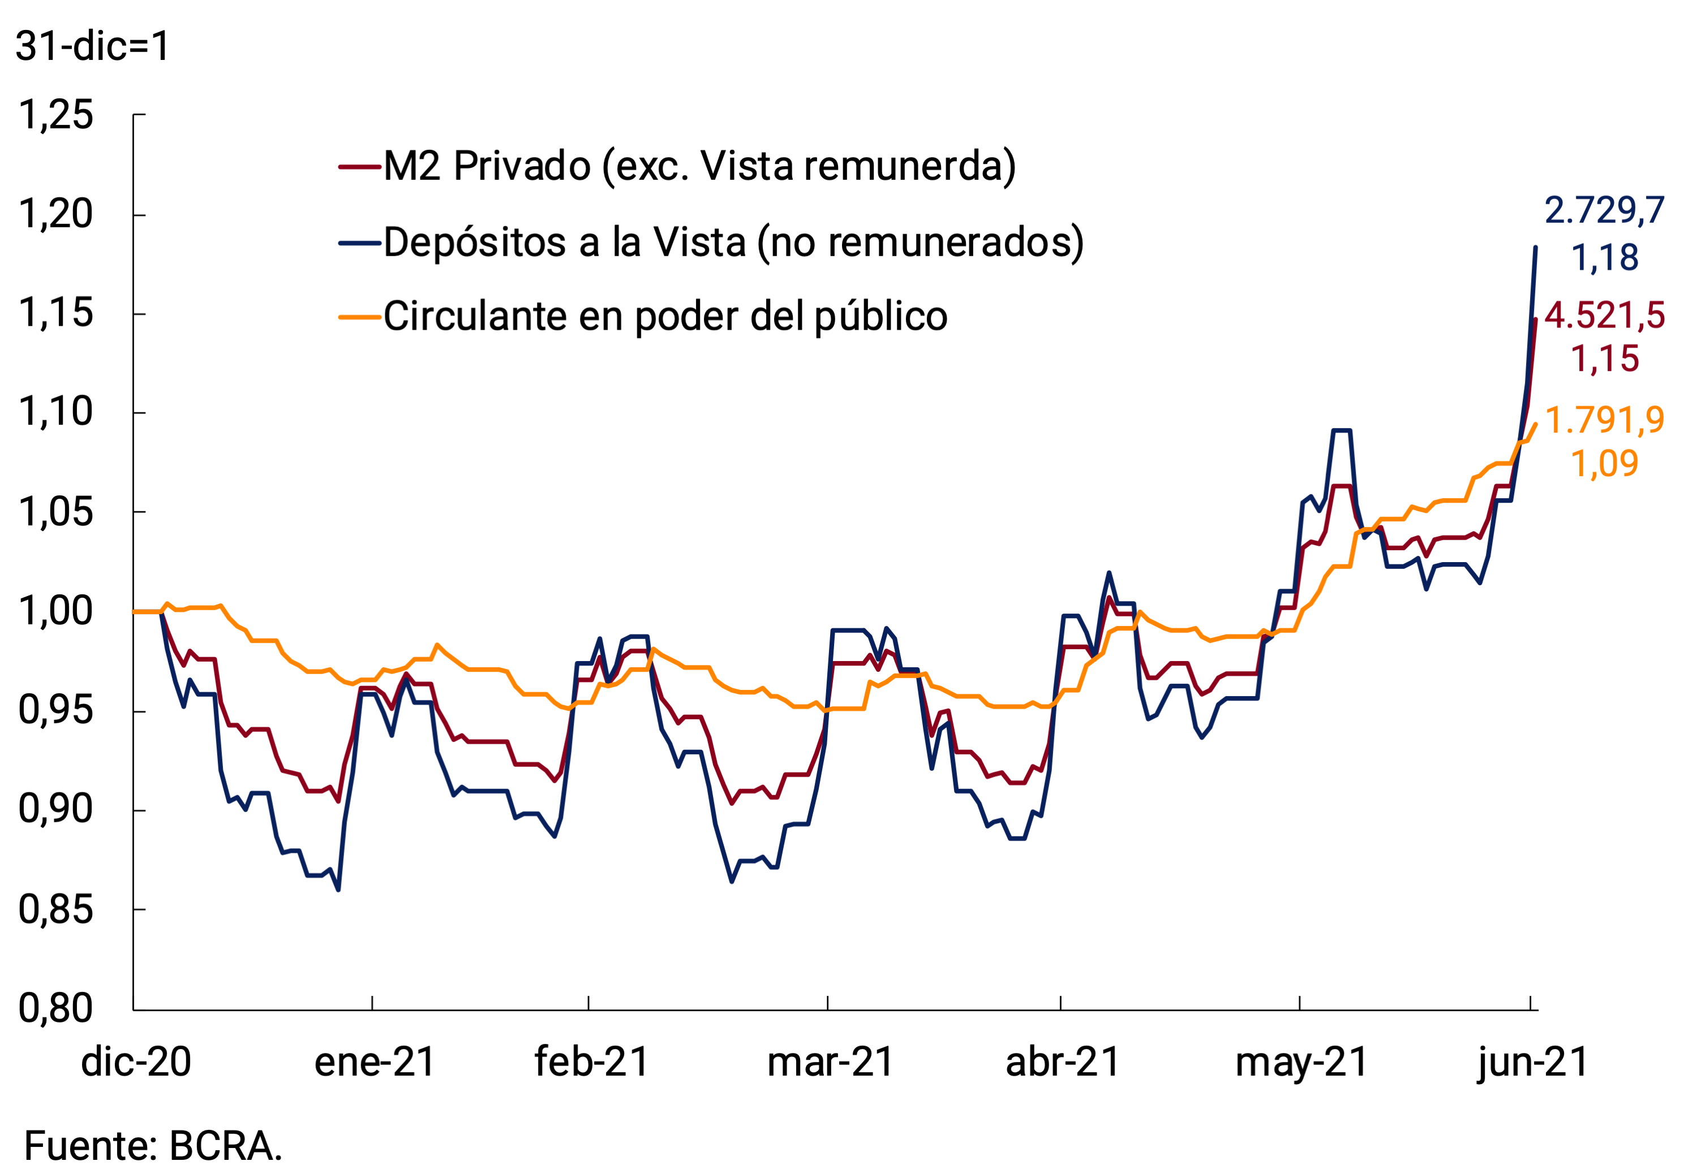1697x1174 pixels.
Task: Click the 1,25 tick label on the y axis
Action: [56, 115]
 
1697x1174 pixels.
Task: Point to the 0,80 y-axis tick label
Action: [56, 1008]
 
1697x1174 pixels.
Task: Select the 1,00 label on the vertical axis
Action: [56, 611]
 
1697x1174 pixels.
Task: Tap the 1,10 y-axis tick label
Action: [56, 412]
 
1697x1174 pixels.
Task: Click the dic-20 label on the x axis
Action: [136, 1062]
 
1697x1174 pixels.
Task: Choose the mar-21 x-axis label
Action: [830, 1062]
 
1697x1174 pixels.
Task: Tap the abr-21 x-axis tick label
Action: [1063, 1062]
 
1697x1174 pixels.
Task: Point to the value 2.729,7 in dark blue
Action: [1604, 211]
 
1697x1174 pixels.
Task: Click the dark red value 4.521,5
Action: [1604, 316]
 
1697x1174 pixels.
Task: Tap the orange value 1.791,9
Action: [1604, 421]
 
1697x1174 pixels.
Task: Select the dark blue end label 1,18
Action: [1604, 257]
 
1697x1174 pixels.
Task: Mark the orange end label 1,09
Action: [1604, 463]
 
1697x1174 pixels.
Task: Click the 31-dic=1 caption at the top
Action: [93, 46]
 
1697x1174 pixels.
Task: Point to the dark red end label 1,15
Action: [1604, 359]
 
